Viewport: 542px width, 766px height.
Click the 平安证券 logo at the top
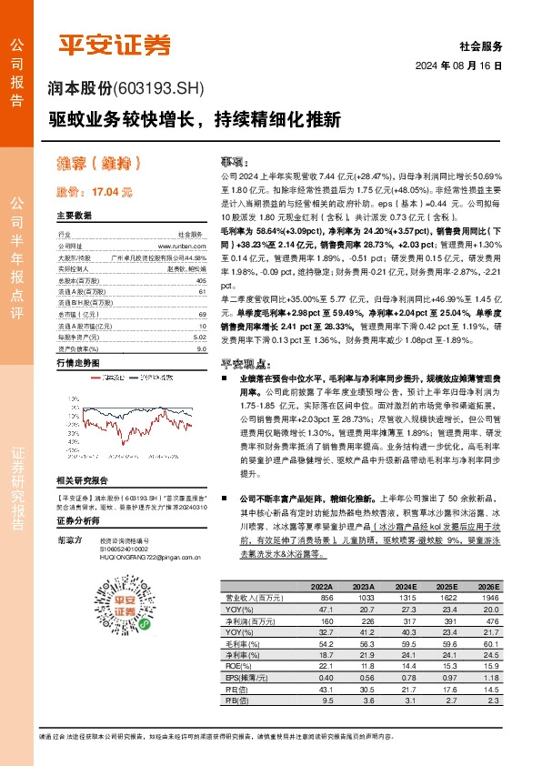click(115, 45)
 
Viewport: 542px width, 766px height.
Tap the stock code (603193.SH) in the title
click(158, 88)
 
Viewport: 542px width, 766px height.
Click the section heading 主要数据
click(75, 217)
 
